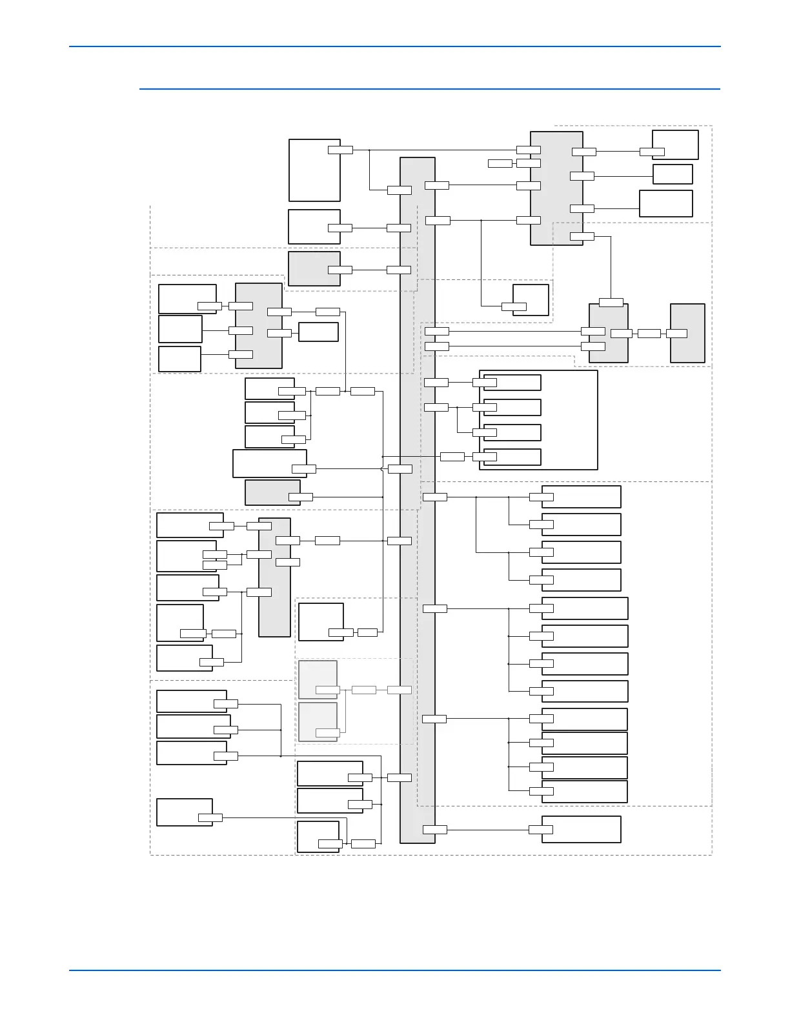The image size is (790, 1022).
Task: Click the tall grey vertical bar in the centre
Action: pos(418,500)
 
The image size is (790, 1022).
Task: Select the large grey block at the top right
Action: pos(556,188)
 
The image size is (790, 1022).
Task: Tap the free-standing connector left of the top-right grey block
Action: pos(500,163)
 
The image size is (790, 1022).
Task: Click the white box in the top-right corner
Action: pos(675,145)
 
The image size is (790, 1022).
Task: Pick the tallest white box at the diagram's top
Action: pos(314,170)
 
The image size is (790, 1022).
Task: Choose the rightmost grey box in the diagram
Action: pos(687,333)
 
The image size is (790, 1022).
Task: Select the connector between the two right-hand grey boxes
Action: pos(649,334)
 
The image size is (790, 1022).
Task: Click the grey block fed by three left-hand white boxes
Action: pos(258,326)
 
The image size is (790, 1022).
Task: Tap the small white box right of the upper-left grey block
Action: pos(318,332)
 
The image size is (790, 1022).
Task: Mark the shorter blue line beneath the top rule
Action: pos(429,89)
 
